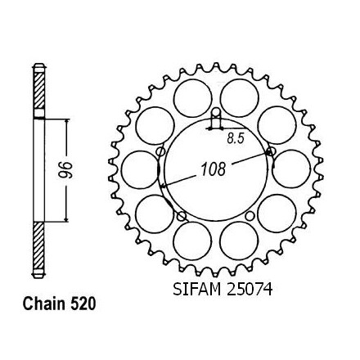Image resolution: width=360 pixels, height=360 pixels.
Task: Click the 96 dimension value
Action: (66, 170)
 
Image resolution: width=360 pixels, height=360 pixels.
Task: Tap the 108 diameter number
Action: (214, 169)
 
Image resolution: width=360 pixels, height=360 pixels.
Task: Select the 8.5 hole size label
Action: (235, 139)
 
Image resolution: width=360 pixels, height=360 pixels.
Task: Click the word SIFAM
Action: (196, 289)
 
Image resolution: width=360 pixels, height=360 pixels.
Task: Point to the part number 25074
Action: (250, 289)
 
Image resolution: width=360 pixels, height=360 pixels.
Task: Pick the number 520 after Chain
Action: (83, 304)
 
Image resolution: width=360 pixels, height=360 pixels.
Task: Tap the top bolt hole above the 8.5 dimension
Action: (216, 112)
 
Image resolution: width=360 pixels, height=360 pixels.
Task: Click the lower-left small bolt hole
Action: (182, 217)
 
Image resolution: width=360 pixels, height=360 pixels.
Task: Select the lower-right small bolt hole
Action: (250, 216)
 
